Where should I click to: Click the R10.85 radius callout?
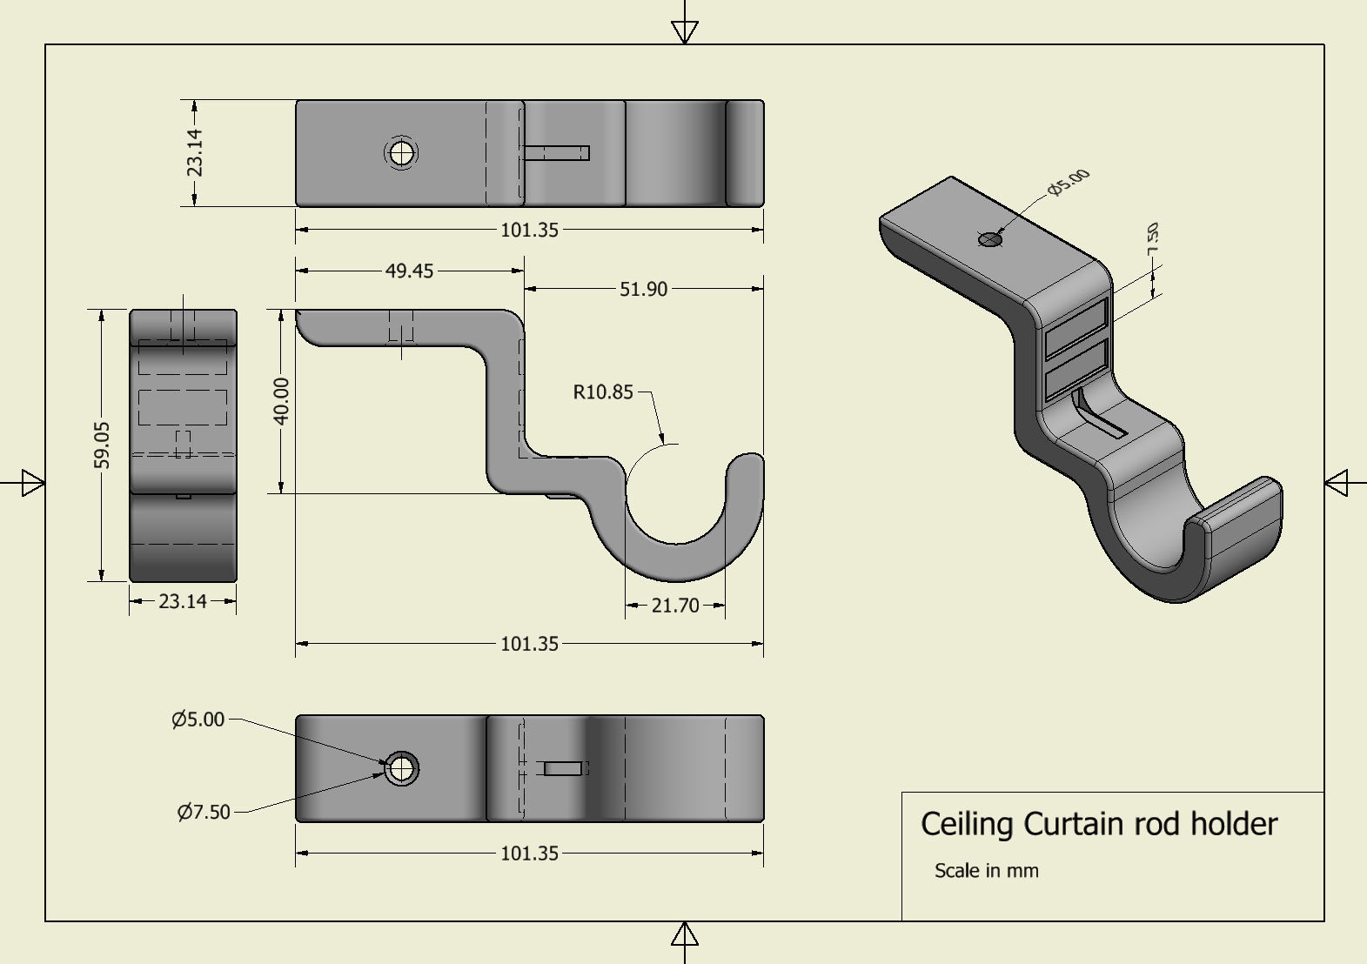(x=602, y=392)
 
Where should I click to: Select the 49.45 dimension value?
(x=409, y=271)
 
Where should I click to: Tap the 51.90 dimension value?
(x=643, y=289)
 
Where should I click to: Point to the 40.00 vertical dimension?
(x=281, y=401)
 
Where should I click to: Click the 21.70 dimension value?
(x=674, y=606)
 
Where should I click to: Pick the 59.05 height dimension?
(x=102, y=445)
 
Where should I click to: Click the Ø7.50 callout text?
(x=204, y=812)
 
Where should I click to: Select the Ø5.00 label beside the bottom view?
(x=198, y=720)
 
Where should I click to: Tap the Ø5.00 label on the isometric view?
(x=1069, y=182)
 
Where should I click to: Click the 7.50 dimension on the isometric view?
(x=1153, y=238)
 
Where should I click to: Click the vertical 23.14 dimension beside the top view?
(x=194, y=152)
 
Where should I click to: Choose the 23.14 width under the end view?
(x=183, y=601)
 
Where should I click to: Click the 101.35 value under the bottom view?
(x=529, y=854)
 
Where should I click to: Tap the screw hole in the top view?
(x=401, y=154)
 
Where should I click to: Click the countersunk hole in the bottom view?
(x=401, y=769)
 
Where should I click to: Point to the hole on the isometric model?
(x=990, y=239)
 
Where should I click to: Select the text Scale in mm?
(x=986, y=871)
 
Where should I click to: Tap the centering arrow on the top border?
(x=685, y=31)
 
